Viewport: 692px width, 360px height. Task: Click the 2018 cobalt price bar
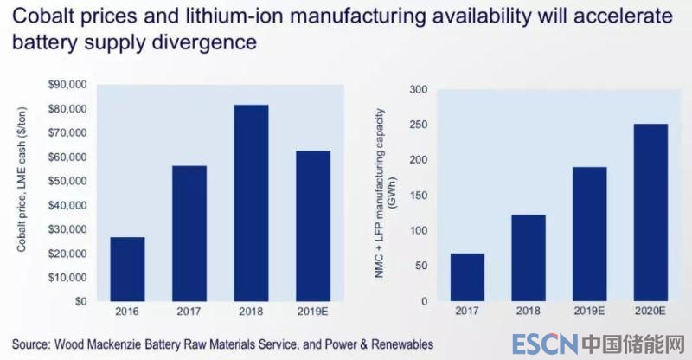coord(250,202)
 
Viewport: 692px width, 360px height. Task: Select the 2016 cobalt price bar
coord(127,269)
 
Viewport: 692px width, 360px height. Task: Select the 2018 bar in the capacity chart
coord(528,258)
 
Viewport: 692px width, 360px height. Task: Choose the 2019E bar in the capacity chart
coord(589,234)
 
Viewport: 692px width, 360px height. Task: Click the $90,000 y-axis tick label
coord(67,85)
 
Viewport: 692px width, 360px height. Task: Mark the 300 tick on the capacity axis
coord(419,90)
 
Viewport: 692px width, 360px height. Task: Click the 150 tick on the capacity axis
coord(419,196)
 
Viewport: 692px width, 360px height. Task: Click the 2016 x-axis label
coord(127,310)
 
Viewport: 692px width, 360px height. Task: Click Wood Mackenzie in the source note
coord(112,344)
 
